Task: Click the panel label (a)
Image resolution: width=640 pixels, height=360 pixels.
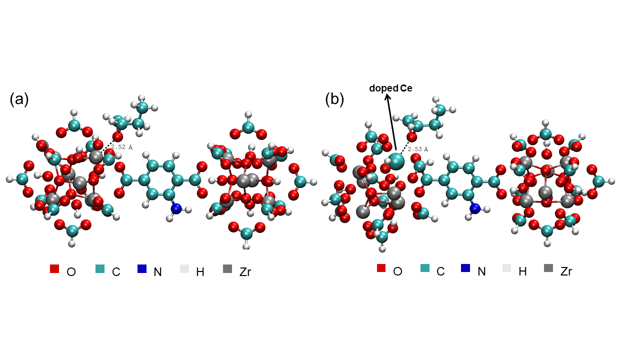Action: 19,99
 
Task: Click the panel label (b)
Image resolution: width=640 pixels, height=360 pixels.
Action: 334,99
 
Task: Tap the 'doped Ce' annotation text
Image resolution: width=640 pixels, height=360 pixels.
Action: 390,88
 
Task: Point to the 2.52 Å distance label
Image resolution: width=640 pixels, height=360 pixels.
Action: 121,147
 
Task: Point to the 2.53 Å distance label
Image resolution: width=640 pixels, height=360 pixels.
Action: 417,149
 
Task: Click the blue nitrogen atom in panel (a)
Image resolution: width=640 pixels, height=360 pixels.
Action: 175,208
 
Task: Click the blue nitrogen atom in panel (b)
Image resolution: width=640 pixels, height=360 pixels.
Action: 474,208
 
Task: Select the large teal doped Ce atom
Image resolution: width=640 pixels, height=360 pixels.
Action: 395,161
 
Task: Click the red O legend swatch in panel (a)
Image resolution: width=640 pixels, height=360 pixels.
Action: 54,269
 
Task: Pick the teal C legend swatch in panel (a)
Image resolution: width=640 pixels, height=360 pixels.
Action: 100,269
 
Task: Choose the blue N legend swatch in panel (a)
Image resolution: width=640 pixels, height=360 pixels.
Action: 142,269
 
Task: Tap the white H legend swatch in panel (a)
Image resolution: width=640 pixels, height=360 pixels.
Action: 184,269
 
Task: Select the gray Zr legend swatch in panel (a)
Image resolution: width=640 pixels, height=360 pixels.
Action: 227,269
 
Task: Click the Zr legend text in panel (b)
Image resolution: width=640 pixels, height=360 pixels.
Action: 566,271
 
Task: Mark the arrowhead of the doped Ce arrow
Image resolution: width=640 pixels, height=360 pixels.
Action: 387,97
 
